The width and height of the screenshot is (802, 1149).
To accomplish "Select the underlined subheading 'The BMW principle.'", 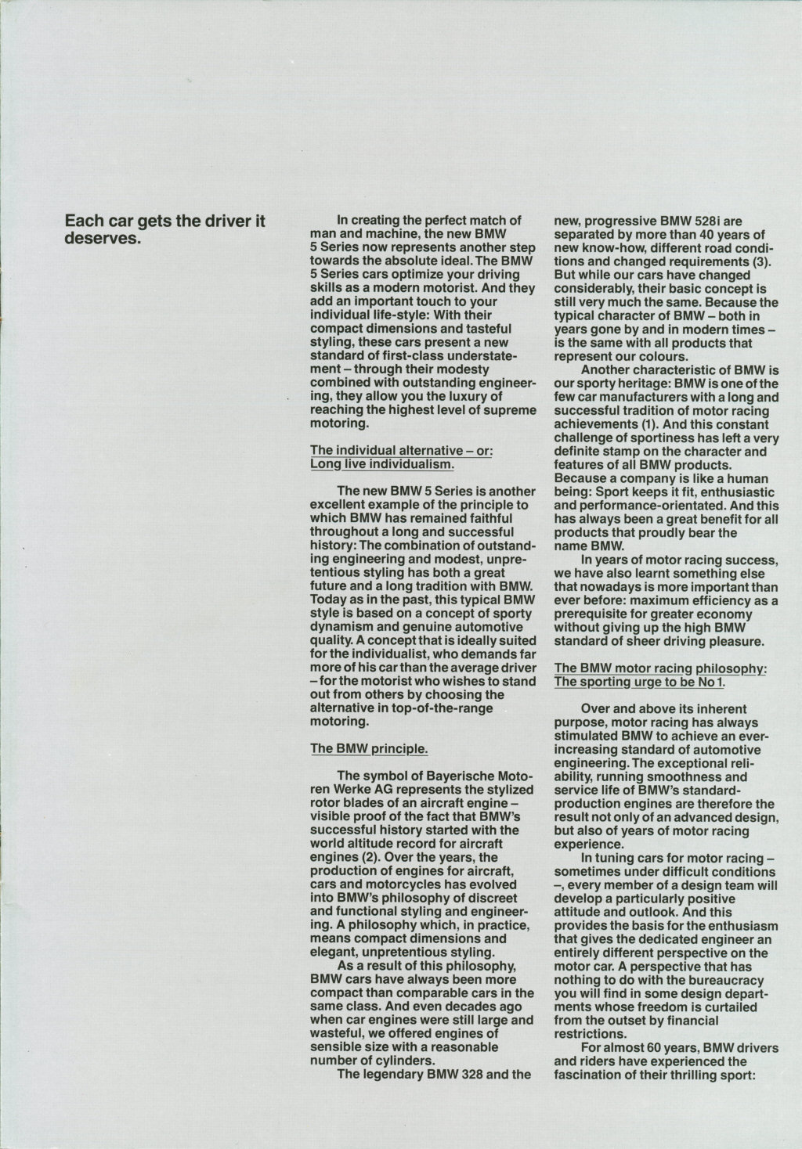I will click(x=369, y=748).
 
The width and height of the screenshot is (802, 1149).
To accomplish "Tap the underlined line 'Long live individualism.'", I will click(x=381, y=464).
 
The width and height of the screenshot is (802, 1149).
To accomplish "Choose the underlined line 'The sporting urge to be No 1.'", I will click(x=639, y=682).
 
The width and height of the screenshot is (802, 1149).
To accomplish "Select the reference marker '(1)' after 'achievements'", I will click(x=655, y=423).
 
